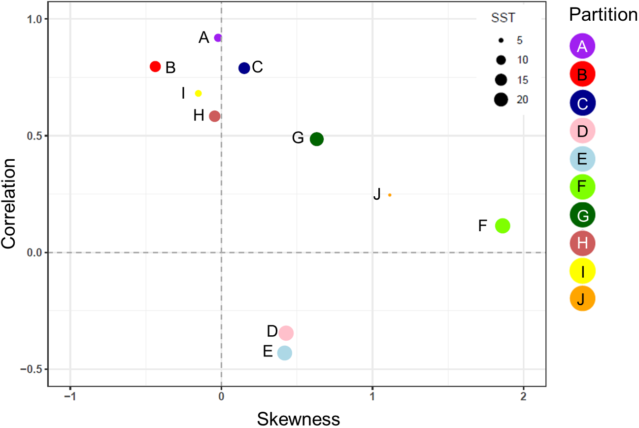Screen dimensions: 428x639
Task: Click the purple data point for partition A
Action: pos(218,38)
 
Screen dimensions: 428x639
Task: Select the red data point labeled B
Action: pos(155,67)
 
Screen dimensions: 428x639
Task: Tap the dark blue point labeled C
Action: pos(244,68)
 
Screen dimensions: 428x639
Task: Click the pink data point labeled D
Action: pos(286,333)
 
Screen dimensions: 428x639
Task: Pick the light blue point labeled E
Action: pos(285,353)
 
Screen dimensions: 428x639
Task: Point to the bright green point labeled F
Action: pos(503,226)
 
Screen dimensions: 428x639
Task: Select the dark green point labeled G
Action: pos(317,139)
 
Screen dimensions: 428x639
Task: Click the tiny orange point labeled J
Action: pos(390,195)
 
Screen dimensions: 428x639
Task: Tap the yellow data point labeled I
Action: pos(198,93)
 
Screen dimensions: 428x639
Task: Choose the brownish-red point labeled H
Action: pos(214,116)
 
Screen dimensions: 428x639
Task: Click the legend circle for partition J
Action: pos(582,298)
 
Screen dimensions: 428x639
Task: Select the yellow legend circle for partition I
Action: pos(582,271)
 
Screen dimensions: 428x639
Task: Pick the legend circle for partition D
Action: pos(582,131)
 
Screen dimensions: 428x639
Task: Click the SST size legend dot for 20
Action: pos(502,100)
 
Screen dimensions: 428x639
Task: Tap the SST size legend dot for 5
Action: pos(502,40)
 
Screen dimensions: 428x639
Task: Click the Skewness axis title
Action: pos(299,419)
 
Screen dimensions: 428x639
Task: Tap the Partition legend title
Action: pos(603,15)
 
